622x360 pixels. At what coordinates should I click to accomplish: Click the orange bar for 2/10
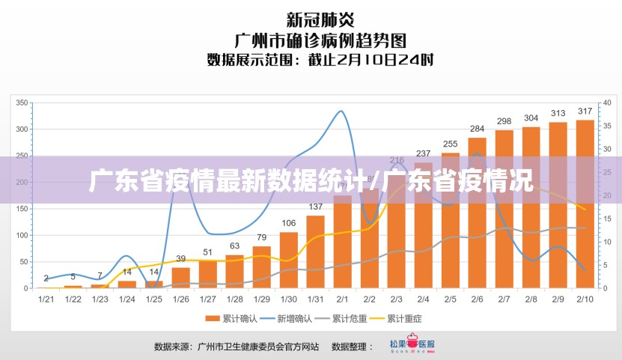click(x=585, y=204)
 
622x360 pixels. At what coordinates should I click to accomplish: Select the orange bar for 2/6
click(x=477, y=213)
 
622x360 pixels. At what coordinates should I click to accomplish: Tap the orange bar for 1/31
click(x=315, y=251)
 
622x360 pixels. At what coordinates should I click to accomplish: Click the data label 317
click(x=585, y=112)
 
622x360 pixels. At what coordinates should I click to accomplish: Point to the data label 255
click(x=450, y=144)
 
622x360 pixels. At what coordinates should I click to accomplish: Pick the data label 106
click(x=288, y=223)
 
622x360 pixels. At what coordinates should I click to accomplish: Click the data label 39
click(x=180, y=258)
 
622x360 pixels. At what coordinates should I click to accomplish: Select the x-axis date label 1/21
click(x=46, y=299)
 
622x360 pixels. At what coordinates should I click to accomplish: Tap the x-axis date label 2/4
click(x=423, y=299)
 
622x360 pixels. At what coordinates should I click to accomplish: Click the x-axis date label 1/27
click(x=207, y=299)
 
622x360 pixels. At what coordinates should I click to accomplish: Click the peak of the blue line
click(x=341, y=112)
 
